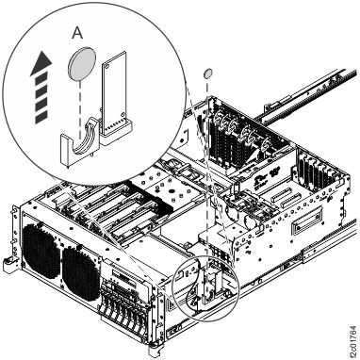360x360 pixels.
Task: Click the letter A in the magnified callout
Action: [78, 31]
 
